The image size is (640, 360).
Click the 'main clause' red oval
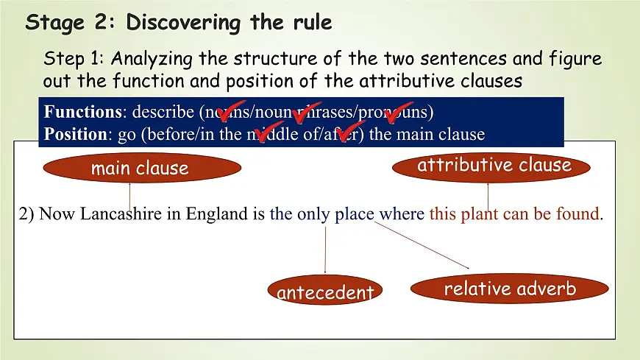pyautogui.click(x=140, y=169)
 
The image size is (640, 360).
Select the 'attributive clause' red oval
pyautogui.click(x=494, y=165)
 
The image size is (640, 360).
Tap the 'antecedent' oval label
pyautogui.click(x=325, y=292)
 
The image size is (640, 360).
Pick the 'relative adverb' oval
pyautogui.click(x=509, y=289)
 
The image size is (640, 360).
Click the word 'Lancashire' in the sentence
pyautogui.click(x=116, y=214)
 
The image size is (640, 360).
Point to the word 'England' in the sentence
pyautogui.click(x=218, y=214)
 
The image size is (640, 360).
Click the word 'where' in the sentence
pyautogui.click(x=401, y=214)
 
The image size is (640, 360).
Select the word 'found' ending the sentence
pyautogui.click(x=578, y=214)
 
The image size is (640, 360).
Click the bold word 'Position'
pyautogui.click(x=74, y=134)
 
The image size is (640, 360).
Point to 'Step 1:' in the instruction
pyautogui.click(x=74, y=58)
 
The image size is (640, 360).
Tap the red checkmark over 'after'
pyautogui.click(x=350, y=133)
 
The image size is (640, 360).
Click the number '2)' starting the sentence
pyautogui.click(x=26, y=214)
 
